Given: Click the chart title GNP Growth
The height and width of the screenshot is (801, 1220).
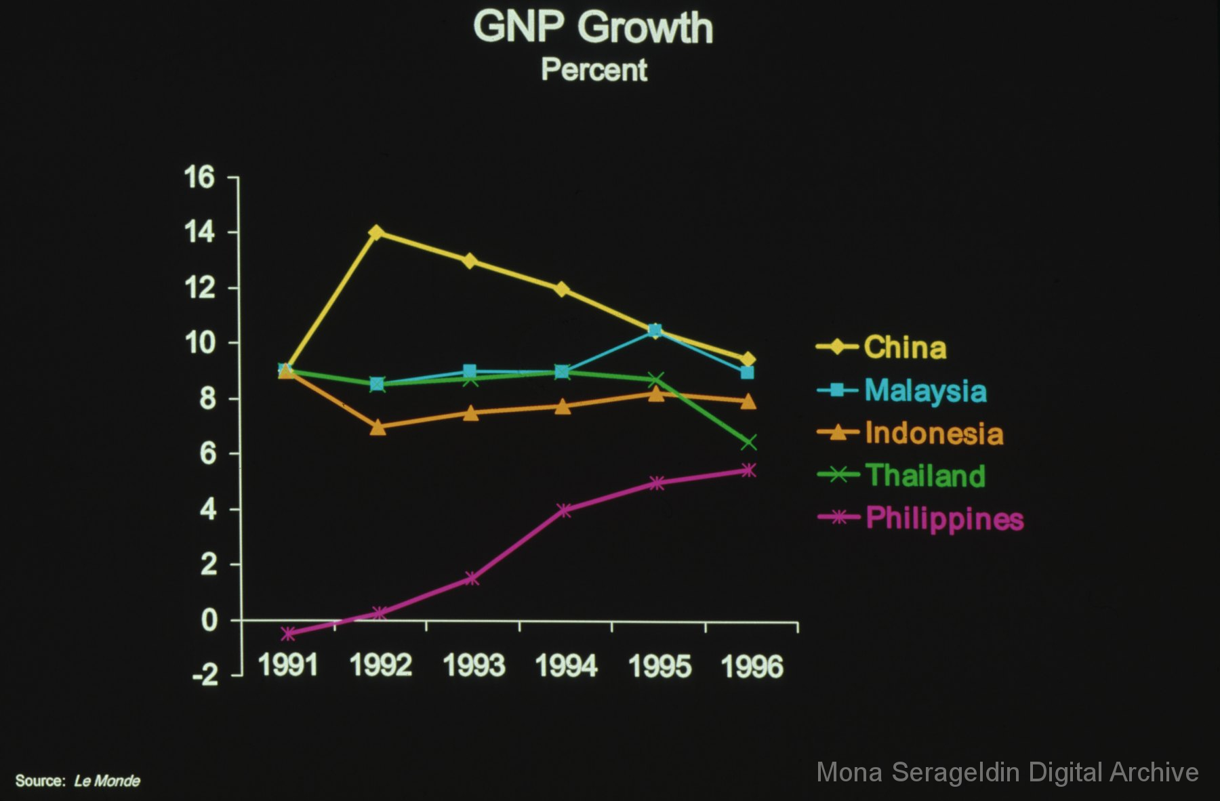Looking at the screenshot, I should pyautogui.click(x=593, y=28).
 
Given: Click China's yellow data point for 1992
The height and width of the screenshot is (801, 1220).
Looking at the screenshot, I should pyautogui.click(x=377, y=232).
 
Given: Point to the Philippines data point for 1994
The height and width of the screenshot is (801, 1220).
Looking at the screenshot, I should pyautogui.click(x=564, y=510).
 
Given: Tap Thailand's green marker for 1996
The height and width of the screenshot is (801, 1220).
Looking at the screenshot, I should pyautogui.click(x=748, y=443).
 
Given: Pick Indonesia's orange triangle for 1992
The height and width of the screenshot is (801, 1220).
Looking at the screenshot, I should pyautogui.click(x=378, y=428).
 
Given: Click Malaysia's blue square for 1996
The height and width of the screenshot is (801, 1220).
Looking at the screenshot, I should pyautogui.click(x=747, y=373).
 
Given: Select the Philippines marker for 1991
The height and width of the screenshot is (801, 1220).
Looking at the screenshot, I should pyautogui.click(x=288, y=634).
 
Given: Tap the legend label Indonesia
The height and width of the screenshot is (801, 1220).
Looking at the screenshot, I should pyautogui.click(x=934, y=434).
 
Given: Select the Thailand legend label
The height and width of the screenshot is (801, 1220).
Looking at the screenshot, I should pyautogui.click(x=925, y=476).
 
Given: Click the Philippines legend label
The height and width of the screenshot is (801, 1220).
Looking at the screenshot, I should pyautogui.click(x=944, y=518).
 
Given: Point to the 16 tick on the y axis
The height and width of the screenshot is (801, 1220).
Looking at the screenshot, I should pyautogui.click(x=199, y=178).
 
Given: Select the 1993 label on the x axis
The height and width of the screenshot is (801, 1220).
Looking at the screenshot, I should pyautogui.click(x=474, y=665).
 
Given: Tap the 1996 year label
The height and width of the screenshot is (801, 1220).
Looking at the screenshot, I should pyautogui.click(x=752, y=666).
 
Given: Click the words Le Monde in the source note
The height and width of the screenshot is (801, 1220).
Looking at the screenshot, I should pyautogui.click(x=107, y=781).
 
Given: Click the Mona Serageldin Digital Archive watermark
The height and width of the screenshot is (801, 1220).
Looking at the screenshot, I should pyautogui.click(x=1007, y=773).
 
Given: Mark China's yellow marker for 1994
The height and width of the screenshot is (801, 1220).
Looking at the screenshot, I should pyautogui.click(x=561, y=289).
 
